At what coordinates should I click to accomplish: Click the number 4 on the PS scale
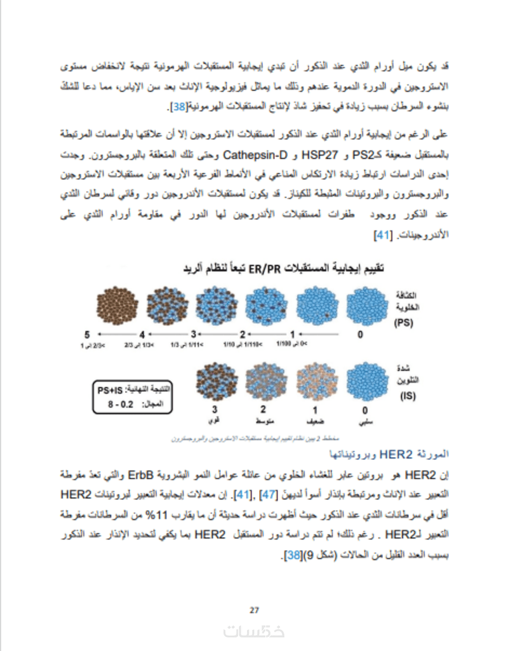pos(142,334)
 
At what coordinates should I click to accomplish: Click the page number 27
pos(254,611)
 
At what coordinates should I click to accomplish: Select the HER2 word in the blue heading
pos(401,454)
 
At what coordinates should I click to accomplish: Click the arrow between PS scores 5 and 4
pos(114,334)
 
